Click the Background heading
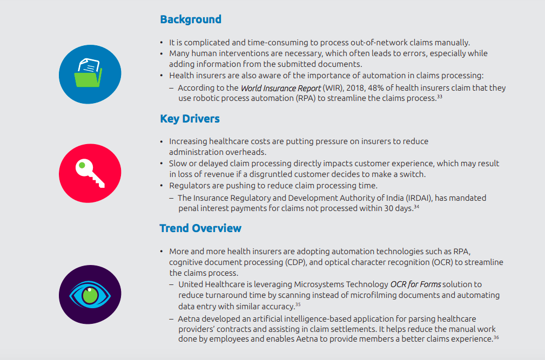point(191,19)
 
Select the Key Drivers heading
point(190,119)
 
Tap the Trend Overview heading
point(200,228)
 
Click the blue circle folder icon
point(90,74)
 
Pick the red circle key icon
point(90,173)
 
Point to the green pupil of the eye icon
point(90,295)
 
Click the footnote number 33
point(440,96)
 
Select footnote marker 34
point(416,207)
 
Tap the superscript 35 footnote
point(298,304)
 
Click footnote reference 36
point(496,337)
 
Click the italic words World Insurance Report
point(281,88)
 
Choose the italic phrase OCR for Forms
point(416,284)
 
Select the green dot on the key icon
point(82,165)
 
